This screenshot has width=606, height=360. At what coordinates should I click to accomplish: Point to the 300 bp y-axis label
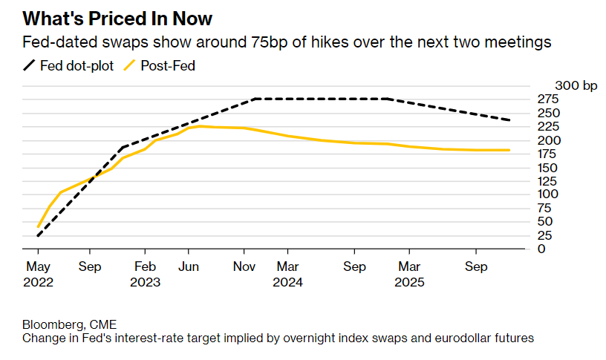576,86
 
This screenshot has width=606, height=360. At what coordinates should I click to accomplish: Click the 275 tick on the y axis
547,99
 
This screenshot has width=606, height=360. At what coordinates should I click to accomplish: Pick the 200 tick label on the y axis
547,140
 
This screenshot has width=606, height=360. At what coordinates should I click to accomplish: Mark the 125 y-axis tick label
547,180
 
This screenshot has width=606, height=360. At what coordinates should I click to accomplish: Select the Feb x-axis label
145,267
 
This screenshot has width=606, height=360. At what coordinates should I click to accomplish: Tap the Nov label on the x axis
244,267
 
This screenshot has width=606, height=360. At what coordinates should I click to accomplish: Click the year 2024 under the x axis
287,282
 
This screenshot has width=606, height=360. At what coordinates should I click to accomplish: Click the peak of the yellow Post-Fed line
198,126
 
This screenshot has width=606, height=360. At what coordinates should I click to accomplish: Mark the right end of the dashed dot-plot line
509,120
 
